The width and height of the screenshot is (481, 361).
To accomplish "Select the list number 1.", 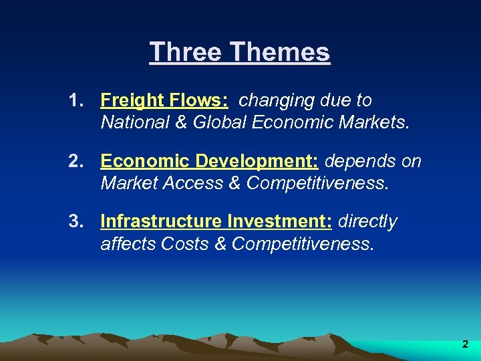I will (x=75, y=101).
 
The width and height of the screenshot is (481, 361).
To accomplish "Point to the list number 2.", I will (x=75, y=162).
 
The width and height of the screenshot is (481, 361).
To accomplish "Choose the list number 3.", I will (x=75, y=222).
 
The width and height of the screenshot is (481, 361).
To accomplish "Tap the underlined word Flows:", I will (x=198, y=101).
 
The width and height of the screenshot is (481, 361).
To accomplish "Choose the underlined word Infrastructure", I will (x=162, y=222).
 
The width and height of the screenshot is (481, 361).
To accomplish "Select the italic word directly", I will (x=368, y=222).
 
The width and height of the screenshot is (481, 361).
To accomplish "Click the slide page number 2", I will (x=465, y=345).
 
